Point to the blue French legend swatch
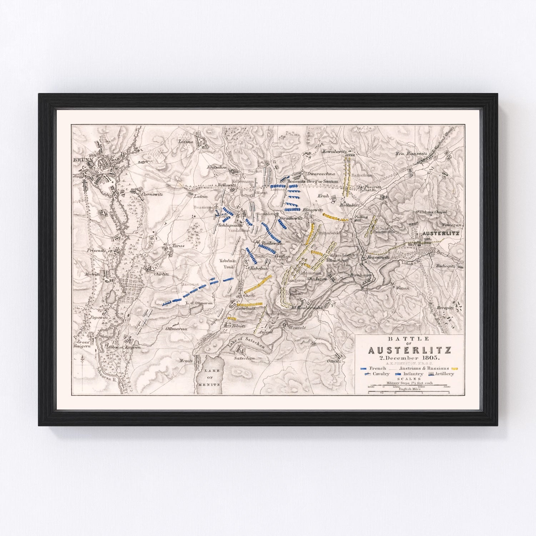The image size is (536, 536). pyautogui.click(x=364, y=368)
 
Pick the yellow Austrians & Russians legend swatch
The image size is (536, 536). pyautogui.click(x=455, y=368)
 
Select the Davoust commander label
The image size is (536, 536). pyautogui.click(x=190, y=285)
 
